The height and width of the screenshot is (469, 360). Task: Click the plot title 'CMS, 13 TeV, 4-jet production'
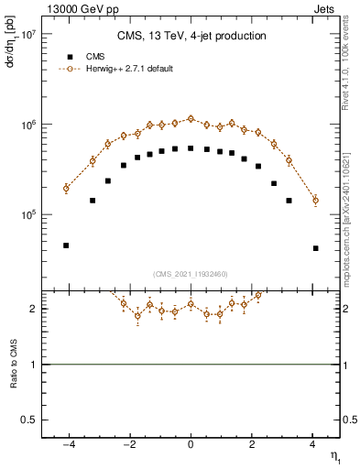[191, 37]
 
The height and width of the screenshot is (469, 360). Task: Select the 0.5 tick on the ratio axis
[28, 420]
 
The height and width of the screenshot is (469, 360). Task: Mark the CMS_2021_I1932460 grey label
[191, 274]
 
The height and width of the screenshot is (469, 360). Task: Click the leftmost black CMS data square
[66, 245]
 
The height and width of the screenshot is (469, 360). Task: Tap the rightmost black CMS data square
[315, 248]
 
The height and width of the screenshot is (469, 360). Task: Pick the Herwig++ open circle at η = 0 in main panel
[191, 118]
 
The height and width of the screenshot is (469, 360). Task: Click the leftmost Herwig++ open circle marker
[66, 189]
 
